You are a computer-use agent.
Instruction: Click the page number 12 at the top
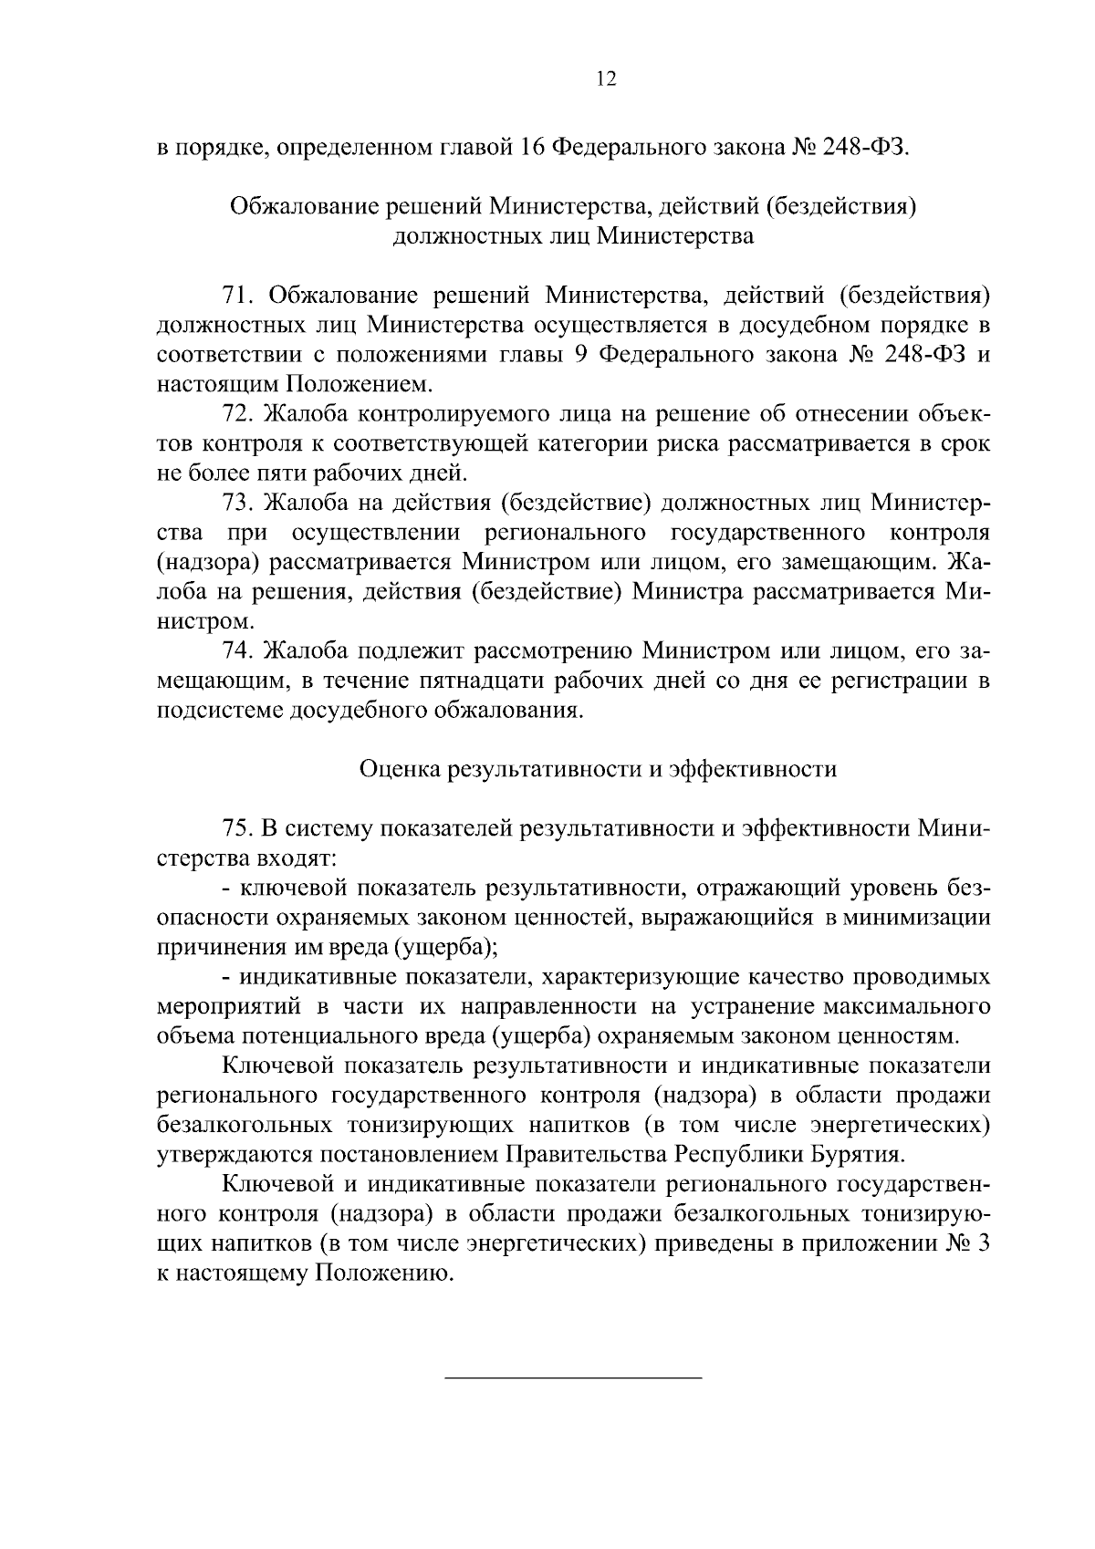pyautogui.click(x=606, y=79)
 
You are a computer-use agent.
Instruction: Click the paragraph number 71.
pyautogui.click(x=236, y=295)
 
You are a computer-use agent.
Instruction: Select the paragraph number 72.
pyautogui.click(x=236, y=414)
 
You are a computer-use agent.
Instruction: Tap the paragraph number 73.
pyautogui.click(x=236, y=503)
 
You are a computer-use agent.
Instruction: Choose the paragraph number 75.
pyautogui.click(x=236, y=828)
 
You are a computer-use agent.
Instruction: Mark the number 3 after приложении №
pyautogui.click(x=983, y=1244)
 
